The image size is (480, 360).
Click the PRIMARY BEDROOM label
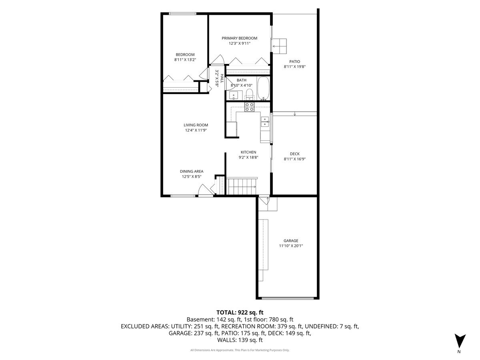pos(240,38)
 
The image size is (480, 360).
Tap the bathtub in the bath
pos(263,88)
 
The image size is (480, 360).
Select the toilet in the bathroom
pos(250,94)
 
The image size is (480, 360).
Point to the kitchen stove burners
pos(250,106)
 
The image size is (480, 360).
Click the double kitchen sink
pos(265,122)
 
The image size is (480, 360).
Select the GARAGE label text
pos(291,240)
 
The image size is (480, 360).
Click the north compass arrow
pos(460,341)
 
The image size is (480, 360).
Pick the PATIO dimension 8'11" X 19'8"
pos(295,67)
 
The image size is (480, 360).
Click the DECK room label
pos(294,154)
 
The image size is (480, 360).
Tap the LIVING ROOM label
pos(196,125)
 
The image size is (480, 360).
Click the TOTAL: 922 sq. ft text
pos(240,312)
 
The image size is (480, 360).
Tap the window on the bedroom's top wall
pos(182,14)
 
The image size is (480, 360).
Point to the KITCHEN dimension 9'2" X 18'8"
pos(248,157)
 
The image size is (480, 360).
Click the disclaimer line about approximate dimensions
pos(240,350)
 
